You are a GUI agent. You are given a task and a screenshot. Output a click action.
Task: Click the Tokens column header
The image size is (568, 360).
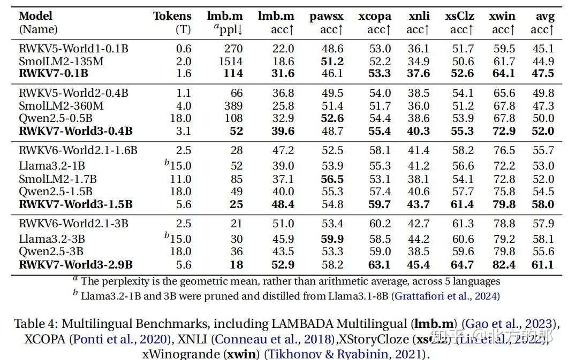click(172, 16)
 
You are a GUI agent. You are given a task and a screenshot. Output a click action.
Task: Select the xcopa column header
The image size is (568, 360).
click(375, 16)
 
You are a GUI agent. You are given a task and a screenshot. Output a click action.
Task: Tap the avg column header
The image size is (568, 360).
click(545, 16)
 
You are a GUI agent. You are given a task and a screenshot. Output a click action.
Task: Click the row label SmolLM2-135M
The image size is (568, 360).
click(61, 62)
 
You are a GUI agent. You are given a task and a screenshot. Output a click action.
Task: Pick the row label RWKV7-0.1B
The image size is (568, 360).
click(54, 74)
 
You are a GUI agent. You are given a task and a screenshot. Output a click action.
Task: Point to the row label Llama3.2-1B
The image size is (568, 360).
click(52, 166)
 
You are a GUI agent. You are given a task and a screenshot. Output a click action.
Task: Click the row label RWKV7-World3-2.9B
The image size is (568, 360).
click(75, 264)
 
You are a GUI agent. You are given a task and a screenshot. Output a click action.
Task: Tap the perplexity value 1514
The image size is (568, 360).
click(231, 62)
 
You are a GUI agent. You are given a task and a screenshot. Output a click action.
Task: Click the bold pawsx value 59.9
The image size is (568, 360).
click(332, 239)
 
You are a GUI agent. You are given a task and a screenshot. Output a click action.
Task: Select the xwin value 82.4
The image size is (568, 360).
click(504, 264)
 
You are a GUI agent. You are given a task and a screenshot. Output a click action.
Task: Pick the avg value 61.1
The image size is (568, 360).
click(543, 264)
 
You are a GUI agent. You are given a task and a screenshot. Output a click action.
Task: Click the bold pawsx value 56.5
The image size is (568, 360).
click(332, 179)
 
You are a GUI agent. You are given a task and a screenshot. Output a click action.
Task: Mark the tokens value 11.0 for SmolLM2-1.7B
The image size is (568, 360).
click(181, 179)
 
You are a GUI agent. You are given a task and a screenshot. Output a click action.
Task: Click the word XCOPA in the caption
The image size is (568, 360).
click(46, 339)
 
